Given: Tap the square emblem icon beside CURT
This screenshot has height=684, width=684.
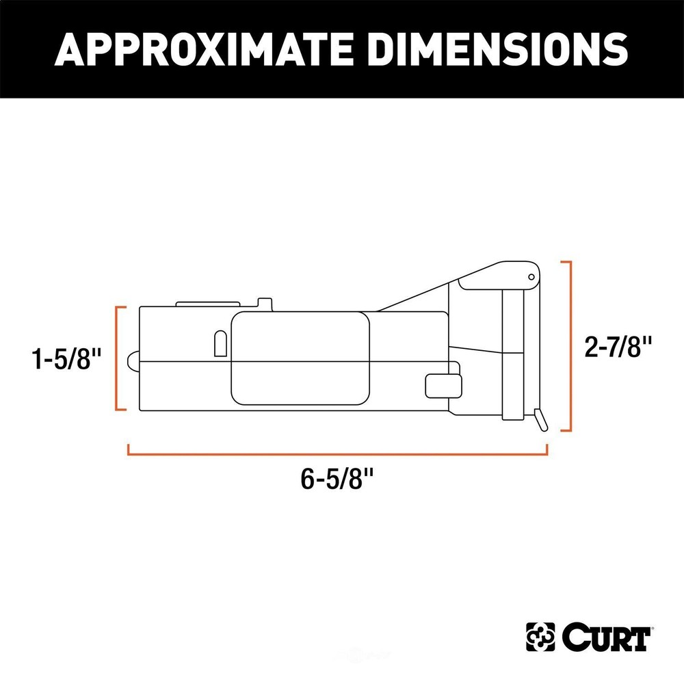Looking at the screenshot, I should click(540, 637).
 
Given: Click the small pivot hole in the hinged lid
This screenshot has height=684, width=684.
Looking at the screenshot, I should click(531, 276).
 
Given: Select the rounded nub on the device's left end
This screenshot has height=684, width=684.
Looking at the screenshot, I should click(133, 360).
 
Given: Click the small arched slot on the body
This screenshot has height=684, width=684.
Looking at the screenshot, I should click(221, 343).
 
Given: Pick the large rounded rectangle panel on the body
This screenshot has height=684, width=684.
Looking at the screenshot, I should click(300, 358).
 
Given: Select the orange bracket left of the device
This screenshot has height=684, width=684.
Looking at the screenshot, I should click(118, 359).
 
